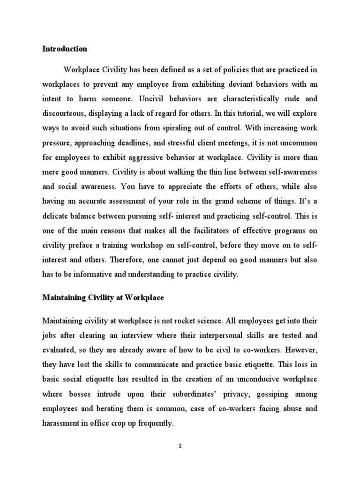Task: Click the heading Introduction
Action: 65,48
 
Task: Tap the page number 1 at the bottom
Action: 180,446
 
